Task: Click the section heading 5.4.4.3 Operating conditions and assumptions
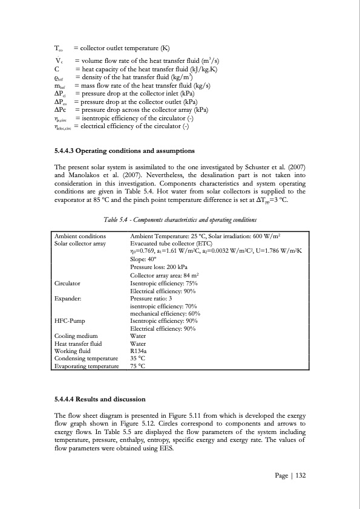[124, 150]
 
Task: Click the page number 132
[291, 476]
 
